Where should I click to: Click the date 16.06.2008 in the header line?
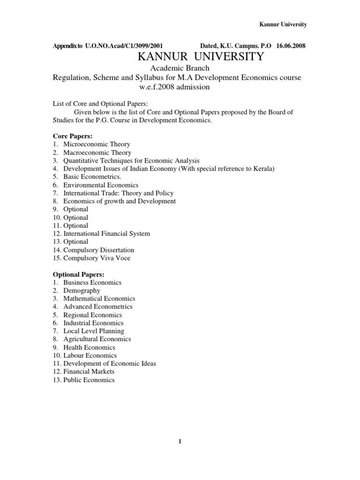click(x=292, y=46)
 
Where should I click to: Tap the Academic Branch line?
click(x=180, y=68)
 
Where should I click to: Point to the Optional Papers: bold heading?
click(x=79, y=274)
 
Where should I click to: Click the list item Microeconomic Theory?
click(x=97, y=144)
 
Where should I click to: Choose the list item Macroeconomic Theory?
click(x=97, y=152)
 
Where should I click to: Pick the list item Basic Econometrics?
click(x=92, y=177)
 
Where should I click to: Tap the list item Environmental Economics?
click(x=101, y=185)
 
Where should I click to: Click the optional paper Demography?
click(x=82, y=291)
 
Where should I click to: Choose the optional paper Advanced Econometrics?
click(x=97, y=307)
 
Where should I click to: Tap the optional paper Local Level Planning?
click(x=93, y=331)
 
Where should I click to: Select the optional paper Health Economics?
click(x=89, y=347)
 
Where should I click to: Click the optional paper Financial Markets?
click(x=89, y=372)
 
